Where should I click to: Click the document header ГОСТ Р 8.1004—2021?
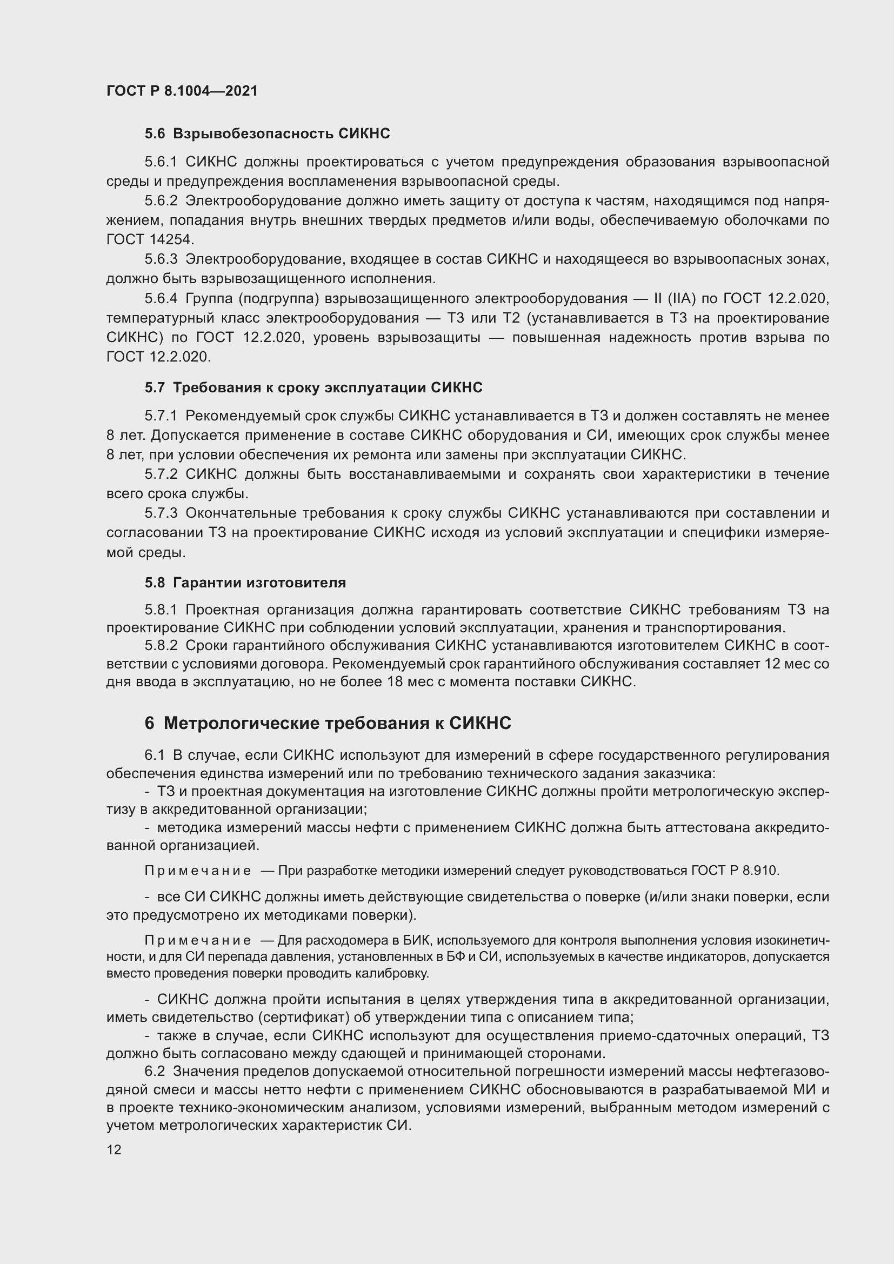(x=182, y=91)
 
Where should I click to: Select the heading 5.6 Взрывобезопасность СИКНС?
(x=267, y=133)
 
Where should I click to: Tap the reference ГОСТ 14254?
(x=149, y=239)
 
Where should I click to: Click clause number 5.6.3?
(x=161, y=259)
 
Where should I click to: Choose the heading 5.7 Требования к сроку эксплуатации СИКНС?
(x=313, y=387)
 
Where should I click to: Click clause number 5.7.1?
(x=161, y=416)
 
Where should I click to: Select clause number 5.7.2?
(x=161, y=474)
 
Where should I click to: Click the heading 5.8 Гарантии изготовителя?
(x=245, y=583)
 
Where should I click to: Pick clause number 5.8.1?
(x=161, y=610)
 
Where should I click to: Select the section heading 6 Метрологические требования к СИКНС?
(x=328, y=723)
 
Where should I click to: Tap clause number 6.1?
(x=154, y=755)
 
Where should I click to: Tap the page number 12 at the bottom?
(x=114, y=1149)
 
